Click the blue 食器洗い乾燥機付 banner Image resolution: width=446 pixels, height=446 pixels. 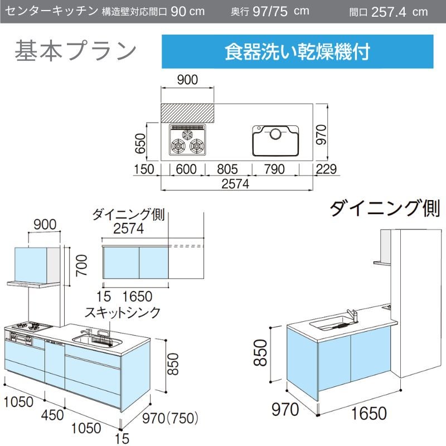297,51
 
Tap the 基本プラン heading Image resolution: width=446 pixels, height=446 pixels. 76,51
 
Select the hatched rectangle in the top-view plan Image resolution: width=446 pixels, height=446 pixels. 187,113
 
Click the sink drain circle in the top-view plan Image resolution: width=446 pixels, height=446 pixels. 275,134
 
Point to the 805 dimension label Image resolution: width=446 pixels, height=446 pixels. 227,169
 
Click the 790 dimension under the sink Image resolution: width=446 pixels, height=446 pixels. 274,169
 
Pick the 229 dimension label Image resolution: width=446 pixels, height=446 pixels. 326,169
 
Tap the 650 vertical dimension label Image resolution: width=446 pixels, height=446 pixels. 140,144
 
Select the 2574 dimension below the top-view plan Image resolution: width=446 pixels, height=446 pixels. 235,184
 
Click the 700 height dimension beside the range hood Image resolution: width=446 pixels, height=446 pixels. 81,265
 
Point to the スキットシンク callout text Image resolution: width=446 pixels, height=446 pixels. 123,312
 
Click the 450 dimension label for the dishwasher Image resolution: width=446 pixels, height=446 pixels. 52,415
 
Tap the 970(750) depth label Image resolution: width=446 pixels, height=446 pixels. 170,419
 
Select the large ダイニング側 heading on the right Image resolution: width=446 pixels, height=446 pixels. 385,209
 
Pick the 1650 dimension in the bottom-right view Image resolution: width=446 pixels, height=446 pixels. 369,413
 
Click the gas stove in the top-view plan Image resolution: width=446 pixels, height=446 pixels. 187,140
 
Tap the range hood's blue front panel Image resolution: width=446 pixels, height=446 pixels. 31,264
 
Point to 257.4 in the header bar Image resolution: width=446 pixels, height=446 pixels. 389,12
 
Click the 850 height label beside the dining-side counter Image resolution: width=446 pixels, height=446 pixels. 260,353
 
